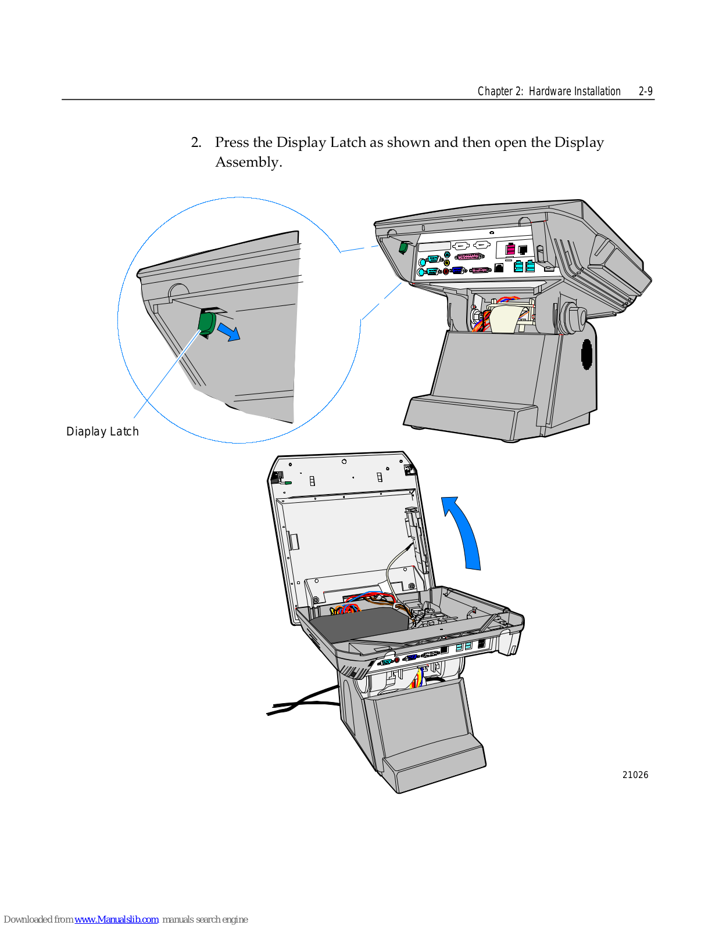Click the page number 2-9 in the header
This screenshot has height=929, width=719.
(x=645, y=91)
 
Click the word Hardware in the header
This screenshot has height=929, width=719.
(x=550, y=91)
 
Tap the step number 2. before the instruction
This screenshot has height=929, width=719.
(x=196, y=143)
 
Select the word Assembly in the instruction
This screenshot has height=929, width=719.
(x=247, y=163)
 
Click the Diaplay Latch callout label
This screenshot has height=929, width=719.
(x=102, y=431)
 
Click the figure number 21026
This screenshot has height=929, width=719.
(x=635, y=775)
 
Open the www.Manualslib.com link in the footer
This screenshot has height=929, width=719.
(x=116, y=919)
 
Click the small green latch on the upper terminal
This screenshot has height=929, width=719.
(x=403, y=247)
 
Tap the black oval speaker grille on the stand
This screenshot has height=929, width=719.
(x=587, y=353)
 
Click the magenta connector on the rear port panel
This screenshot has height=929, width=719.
(x=510, y=249)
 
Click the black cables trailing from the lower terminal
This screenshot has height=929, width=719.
(x=302, y=702)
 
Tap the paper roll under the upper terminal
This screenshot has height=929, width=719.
(x=504, y=319)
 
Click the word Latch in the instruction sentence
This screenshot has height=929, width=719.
(x=348, y=143)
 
